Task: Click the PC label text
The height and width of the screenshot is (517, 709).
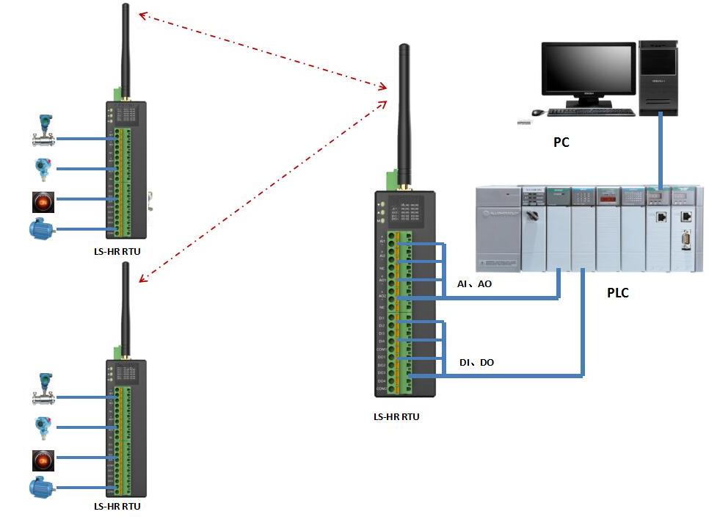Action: coord(561,142)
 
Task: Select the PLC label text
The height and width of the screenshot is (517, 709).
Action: coord(618,293)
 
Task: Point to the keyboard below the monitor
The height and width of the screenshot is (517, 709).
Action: coord(591,112)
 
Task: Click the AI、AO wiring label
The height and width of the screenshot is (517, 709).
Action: coord(474,283)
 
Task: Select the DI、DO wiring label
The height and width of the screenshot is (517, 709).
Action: coord(476,363)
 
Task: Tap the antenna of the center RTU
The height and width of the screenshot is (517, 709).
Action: coord(403,110)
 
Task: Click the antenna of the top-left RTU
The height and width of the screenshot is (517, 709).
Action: coord(125,48)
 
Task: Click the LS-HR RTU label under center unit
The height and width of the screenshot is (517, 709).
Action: coord(396,416)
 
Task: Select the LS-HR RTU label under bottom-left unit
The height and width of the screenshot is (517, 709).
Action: coord(117,506)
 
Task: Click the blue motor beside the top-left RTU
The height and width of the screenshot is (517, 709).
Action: coord(41,229)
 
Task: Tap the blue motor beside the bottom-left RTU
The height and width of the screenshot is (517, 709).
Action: coord(41,488)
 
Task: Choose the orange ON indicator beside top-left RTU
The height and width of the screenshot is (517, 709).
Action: coord(43,200)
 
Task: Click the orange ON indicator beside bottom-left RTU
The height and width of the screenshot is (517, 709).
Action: coord(43,460)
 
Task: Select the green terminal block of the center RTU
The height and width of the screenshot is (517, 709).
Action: coord(401,308)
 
